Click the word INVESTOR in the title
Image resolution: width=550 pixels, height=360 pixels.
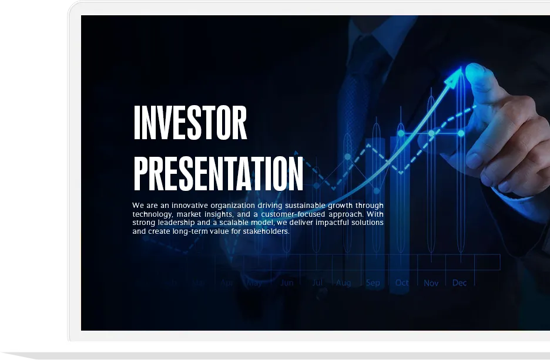pos(190,123)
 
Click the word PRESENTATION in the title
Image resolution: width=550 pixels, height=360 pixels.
pos(218,174)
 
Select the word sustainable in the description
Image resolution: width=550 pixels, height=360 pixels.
pos(306,206)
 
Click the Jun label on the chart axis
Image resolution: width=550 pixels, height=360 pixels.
pos(287,282)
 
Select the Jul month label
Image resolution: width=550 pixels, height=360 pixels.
pos(317,282)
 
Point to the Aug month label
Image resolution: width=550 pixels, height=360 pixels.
pos(344,282)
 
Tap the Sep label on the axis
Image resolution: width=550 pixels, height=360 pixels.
pos(373,282)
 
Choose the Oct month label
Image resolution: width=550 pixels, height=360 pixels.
pos(402,282)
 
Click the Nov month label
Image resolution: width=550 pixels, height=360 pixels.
pos(431,282)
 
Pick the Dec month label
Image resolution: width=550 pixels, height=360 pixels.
pos(460,282)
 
